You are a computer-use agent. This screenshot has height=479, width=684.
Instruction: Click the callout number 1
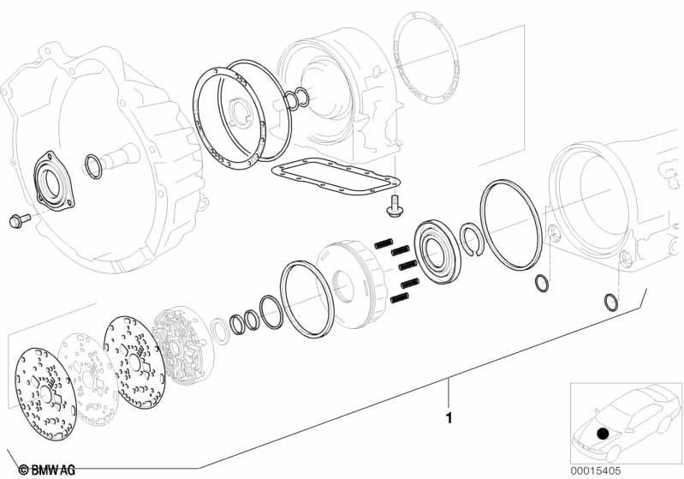tap(449, 418)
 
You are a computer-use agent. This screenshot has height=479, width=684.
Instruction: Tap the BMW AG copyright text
tap(47, 470)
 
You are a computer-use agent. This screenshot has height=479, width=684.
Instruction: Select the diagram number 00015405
tap(596, 470)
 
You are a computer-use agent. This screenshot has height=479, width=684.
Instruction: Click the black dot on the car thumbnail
tap(603, 434)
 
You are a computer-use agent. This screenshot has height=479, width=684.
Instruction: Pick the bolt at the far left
tap(20, 220)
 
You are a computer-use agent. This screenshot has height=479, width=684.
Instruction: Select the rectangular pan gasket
tap(335, 177)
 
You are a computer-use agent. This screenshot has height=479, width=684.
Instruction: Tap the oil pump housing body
tap(183, 347)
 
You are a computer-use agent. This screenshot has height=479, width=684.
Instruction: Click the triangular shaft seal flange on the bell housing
tap(53, 181)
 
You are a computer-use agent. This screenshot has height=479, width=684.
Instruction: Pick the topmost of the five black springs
tap(384, 243)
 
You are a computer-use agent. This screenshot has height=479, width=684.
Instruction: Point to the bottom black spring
tap(400, 298)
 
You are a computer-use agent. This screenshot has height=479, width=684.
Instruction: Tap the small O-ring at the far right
tap(610, 302)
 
